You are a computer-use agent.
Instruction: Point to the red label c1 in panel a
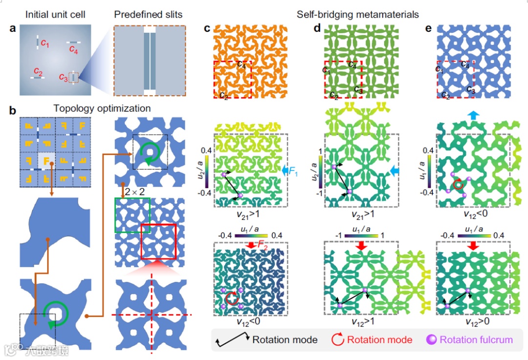coord(45,43)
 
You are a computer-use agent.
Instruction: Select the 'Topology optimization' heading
coord(95,108)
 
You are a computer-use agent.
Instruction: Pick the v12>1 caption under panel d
coord(360,323)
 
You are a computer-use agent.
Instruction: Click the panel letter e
coord(429,28)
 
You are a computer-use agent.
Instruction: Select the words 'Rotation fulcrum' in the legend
coord(476,339)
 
